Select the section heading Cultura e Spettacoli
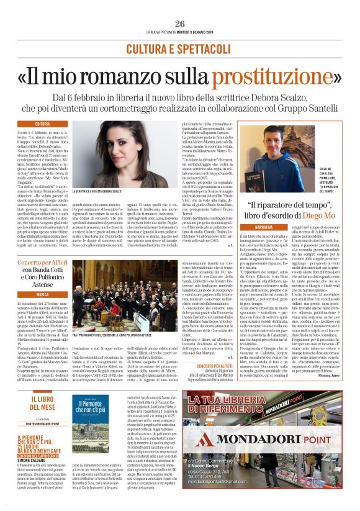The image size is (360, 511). [180, 48]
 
